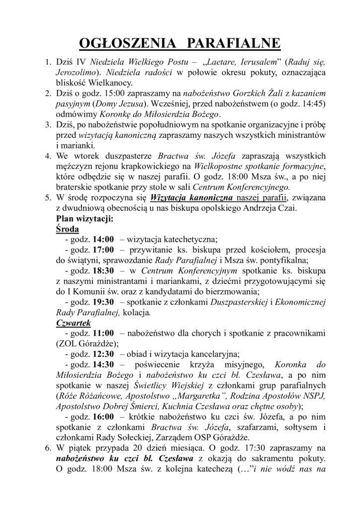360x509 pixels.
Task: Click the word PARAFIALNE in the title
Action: pyautogui.click(x=231, y=44)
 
